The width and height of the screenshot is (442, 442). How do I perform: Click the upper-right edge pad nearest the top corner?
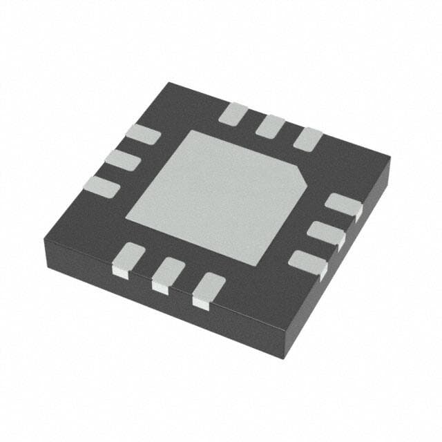point(233,113)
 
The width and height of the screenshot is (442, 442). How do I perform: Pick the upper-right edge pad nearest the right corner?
point(307,139)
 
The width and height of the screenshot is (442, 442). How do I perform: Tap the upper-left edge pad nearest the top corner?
point(143,135)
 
